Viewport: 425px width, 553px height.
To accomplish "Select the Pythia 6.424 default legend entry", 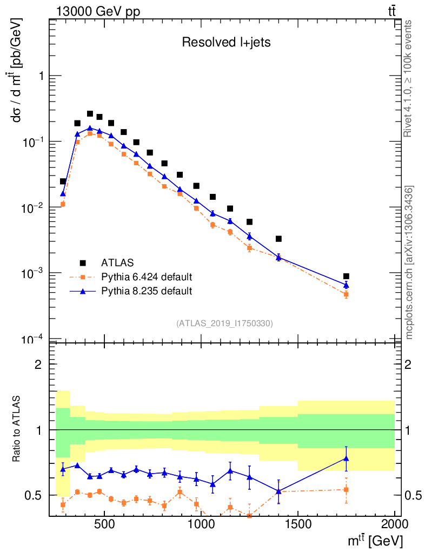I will pos(147,278).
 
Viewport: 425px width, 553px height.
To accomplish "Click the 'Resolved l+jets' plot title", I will pos(226,43).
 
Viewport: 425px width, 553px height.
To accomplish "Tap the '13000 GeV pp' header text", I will pos(98,11).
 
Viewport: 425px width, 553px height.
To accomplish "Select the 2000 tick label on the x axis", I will pos(394,522).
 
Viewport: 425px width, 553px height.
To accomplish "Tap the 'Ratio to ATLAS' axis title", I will pos(17,428).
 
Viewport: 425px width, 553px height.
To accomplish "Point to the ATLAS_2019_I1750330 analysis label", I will pos(224,323).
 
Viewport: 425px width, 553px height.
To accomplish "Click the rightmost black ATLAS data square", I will pos(346,276).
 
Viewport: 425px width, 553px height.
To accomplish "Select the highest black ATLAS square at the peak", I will pos(90,114).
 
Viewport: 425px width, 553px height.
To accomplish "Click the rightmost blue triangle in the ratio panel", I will pos(346,458).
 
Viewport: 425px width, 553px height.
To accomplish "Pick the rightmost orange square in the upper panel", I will pos(346,294).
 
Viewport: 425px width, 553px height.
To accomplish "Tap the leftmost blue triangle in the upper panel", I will pos(63,193).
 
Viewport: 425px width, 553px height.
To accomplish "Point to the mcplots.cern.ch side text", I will pos(409,262).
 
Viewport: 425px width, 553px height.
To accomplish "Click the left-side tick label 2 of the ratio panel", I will pos(38,364).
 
